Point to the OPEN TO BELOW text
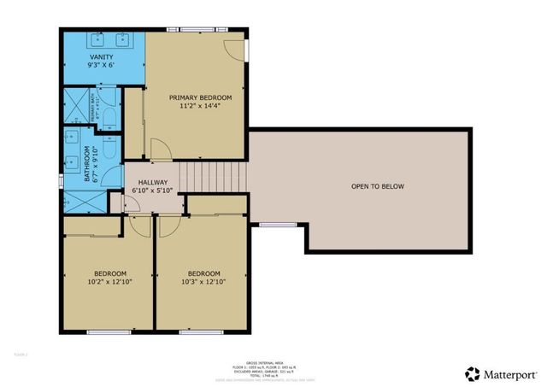377,186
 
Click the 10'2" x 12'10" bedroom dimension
108,282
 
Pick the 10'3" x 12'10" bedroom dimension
203,282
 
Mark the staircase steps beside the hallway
213,179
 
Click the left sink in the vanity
99,39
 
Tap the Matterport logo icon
472,373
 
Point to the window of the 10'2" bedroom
108,331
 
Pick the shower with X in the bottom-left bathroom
80,202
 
